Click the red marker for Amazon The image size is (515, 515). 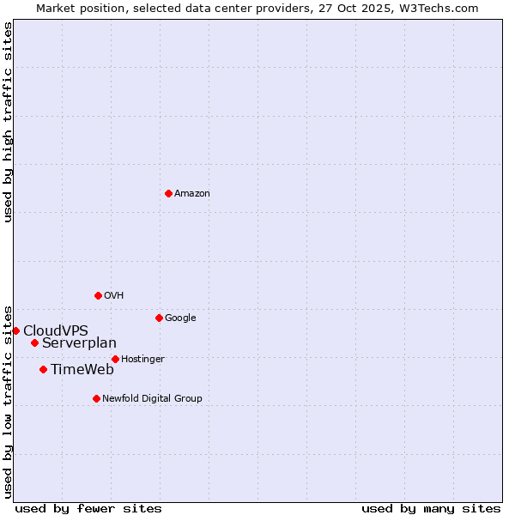point(168,193)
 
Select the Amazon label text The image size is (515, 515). point(192,194)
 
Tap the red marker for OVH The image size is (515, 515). point(98,295)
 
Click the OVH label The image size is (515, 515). point(114,296)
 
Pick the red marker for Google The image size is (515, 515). point(159,318)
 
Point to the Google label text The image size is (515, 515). point(180,318)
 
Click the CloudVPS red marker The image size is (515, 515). point(15,330)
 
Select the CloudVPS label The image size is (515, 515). point(56,331)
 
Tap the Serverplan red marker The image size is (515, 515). point(34,342)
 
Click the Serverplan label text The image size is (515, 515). point(79,343)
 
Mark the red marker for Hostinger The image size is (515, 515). point(115,359)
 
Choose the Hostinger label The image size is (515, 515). point(142,360)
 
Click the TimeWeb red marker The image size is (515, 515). point(43,369)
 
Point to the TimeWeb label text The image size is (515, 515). point(82,370)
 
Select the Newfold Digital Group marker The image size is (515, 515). point(96,398)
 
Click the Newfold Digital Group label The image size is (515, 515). point(152,399)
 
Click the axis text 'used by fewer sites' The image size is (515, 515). point(88,508)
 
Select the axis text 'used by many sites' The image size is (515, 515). point(431,508)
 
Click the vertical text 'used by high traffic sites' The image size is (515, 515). point(9,122)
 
